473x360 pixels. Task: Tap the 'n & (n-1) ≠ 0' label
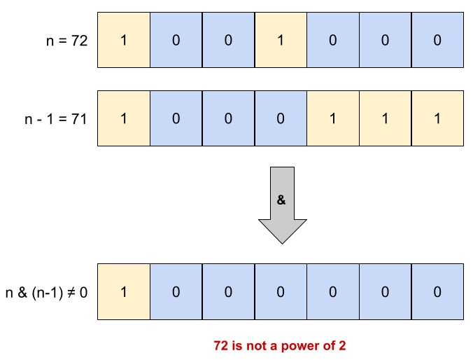47,292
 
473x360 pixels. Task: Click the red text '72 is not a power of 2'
280,345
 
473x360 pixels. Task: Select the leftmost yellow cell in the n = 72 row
124,40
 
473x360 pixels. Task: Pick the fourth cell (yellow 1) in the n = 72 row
281,40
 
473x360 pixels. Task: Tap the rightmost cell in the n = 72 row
437,40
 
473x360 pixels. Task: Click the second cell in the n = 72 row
176,40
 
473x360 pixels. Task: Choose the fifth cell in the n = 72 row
333,40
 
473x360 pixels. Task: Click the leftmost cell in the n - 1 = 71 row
124,118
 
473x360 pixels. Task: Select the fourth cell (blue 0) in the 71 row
281,118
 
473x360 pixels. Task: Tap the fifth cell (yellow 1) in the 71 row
333,118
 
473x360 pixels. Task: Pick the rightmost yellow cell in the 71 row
437,118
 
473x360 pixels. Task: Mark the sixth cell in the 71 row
385,118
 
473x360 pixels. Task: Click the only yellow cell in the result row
124,292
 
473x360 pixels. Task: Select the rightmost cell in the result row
437,292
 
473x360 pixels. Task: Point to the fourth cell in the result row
281,292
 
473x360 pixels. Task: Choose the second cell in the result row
176,292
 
